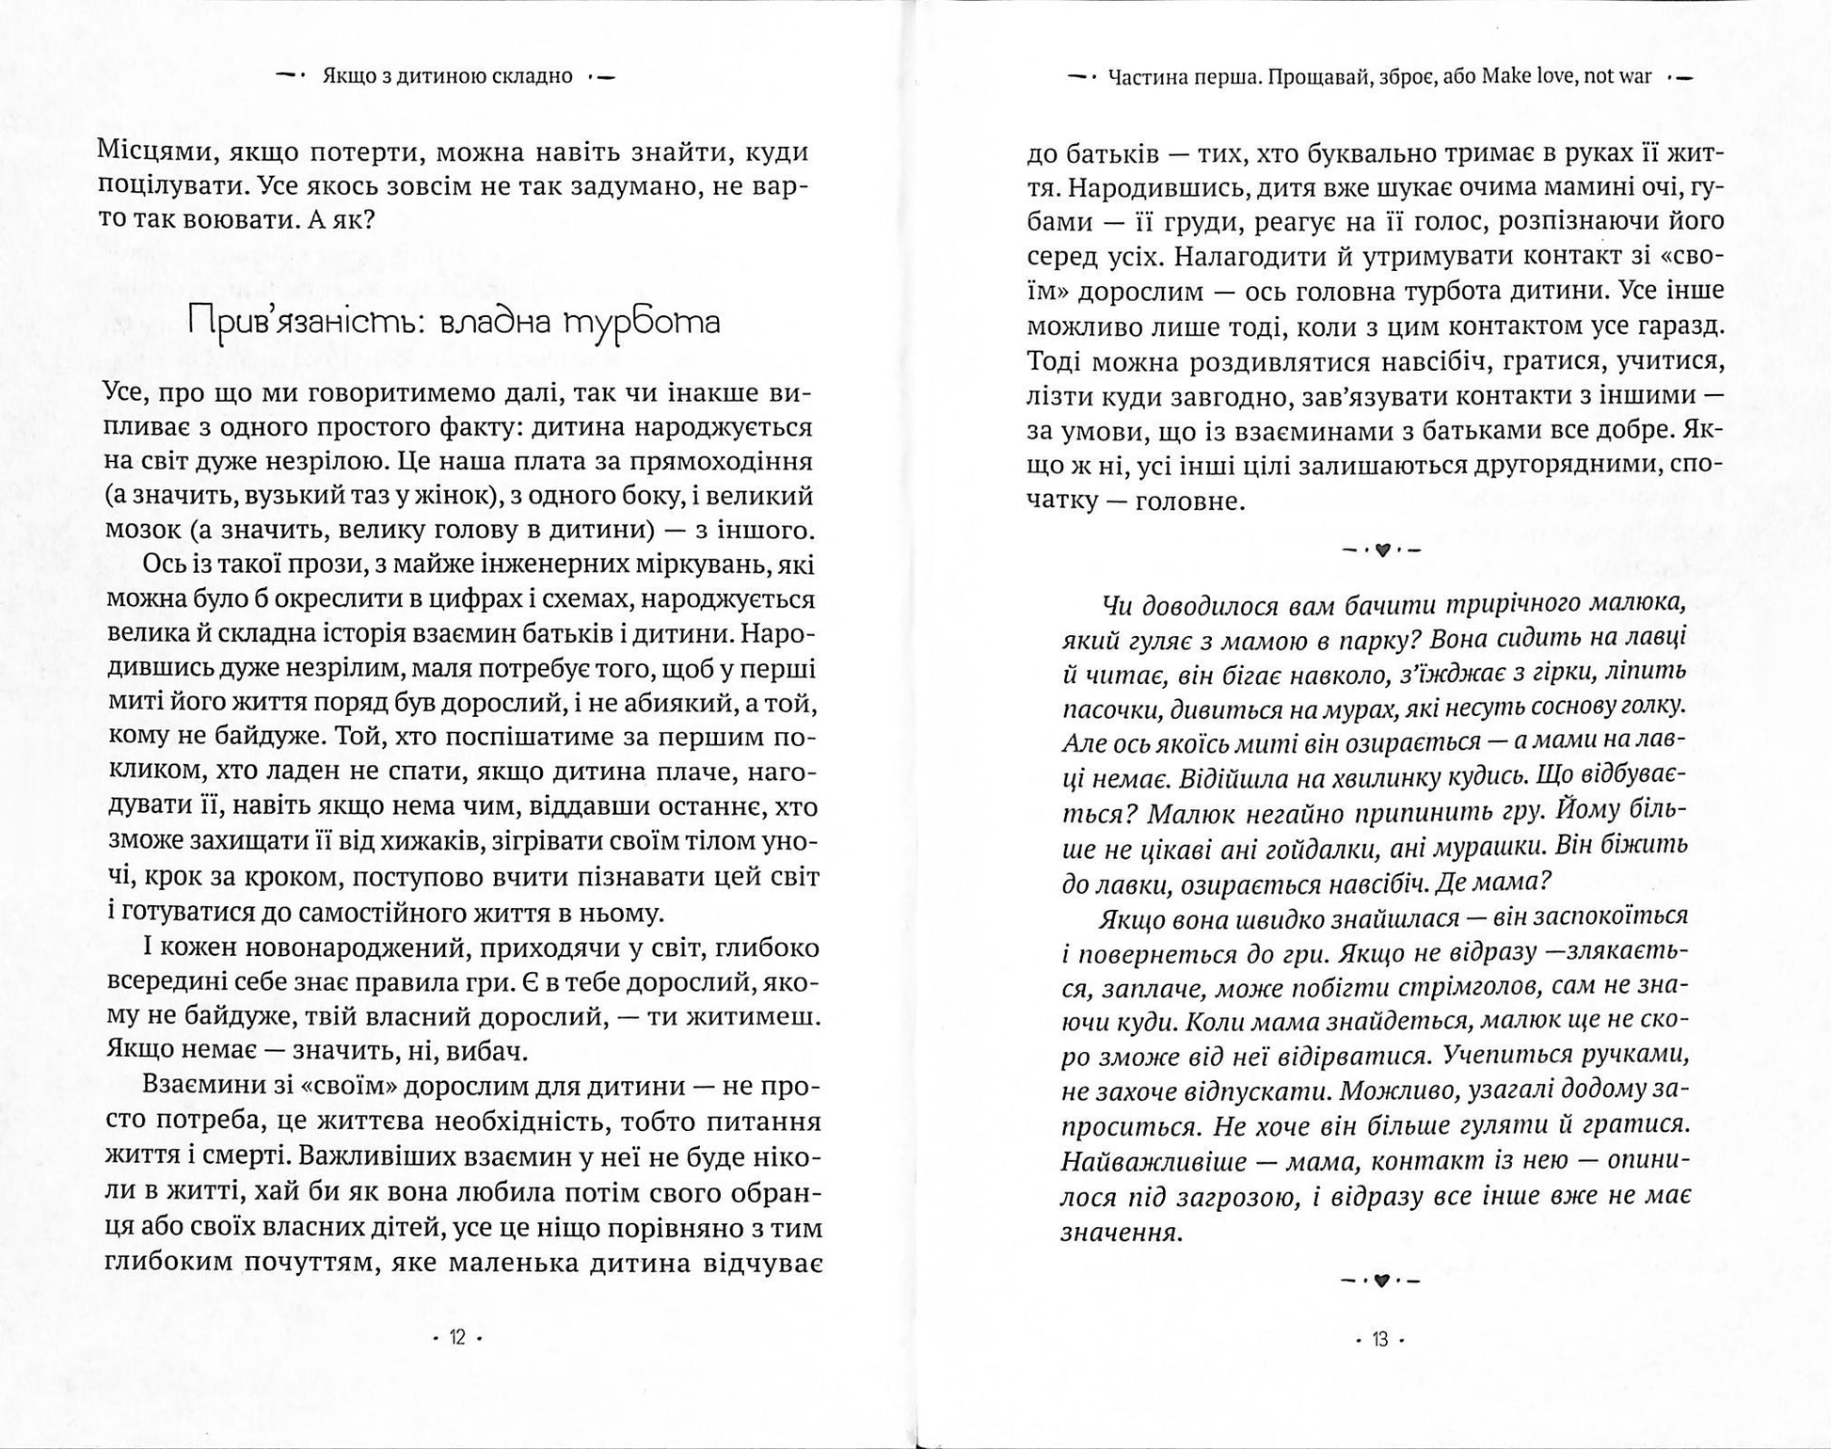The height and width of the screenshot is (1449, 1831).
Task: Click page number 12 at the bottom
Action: (x=457, y=1338)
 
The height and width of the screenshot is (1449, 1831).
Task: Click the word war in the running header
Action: (x=1637, y=77)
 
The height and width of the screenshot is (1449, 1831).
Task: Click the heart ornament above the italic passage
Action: (x=1381, y=550)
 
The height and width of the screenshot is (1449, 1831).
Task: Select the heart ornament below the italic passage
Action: (x=1380, y=1281)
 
